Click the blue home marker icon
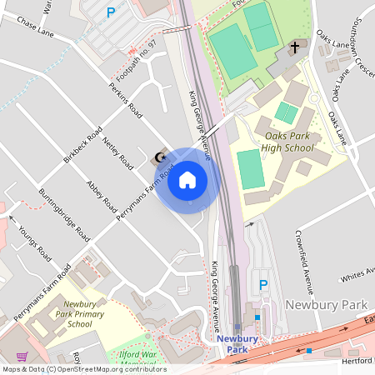tap(187, 180)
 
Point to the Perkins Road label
tap(125, 101)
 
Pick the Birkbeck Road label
tap(82, 145)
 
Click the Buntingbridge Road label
tap(63, 214)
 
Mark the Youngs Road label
tap(32, 240)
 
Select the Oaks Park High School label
tap(289, 142)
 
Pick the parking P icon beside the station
tap(263, 285)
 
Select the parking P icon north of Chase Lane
tap(110, 12)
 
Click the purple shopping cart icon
tap(22, 356)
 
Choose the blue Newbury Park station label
tap(237, 344)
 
